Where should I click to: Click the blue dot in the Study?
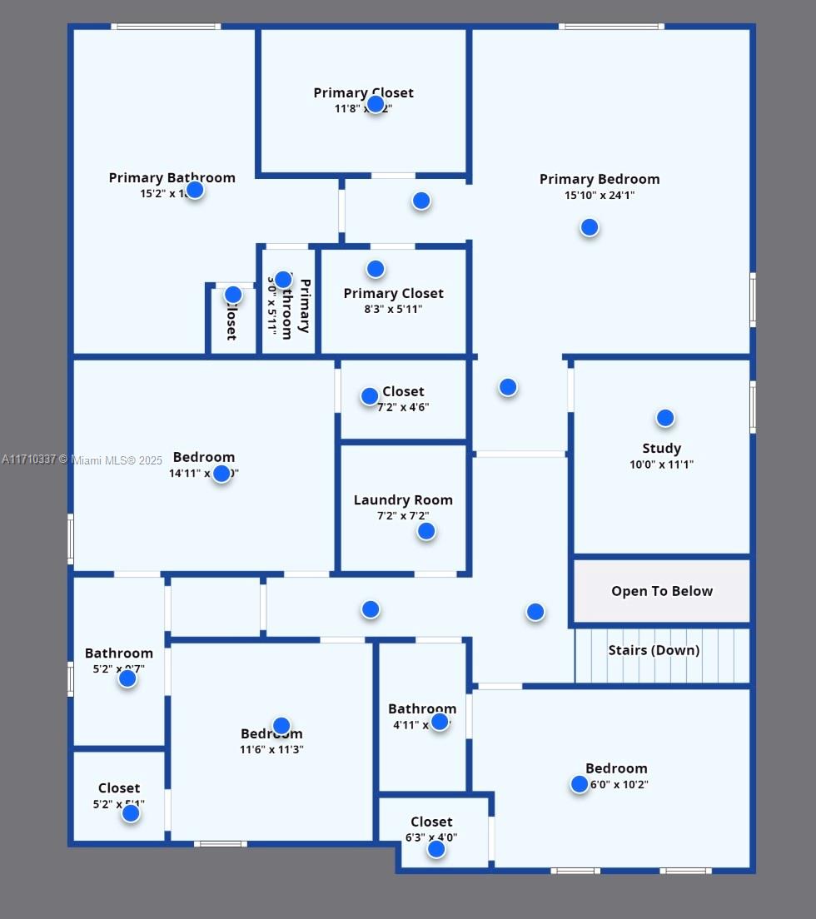tap(664, 418)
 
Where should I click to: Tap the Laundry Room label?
tap(403, 500)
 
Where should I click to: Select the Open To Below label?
tap(662, 591)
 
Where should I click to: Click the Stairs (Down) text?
tap(654, 650)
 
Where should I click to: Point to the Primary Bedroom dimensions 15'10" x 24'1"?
tap(600, 196)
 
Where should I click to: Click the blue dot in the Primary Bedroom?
tap(590, 227)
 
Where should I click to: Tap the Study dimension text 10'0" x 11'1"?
tap(661, 464)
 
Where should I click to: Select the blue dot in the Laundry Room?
tap(426, 531)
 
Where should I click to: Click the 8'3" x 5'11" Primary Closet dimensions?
tap(393, 309)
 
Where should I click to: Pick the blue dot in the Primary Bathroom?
tap(195, 190)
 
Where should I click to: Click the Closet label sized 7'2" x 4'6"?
tap(403, 391)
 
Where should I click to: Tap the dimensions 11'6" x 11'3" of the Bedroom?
tap(271, 749)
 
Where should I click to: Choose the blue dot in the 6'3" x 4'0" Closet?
tap(436, 849)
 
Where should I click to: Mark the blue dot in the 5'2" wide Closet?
tap(131, 813)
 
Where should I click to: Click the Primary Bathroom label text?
tap(172, 177)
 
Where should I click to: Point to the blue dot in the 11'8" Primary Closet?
tap(376, 104)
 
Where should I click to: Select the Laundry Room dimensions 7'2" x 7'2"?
tap(403, 516)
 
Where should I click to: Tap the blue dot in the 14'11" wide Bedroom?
tap(221, 474)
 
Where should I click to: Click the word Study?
tap(661, 449)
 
